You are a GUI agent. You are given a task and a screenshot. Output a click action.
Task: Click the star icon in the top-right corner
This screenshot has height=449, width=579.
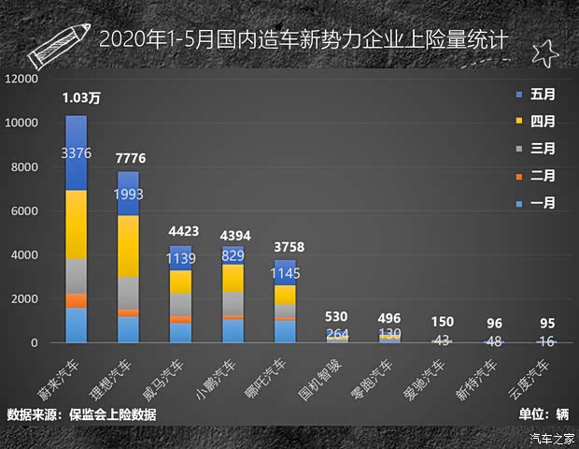coord(544,53)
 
